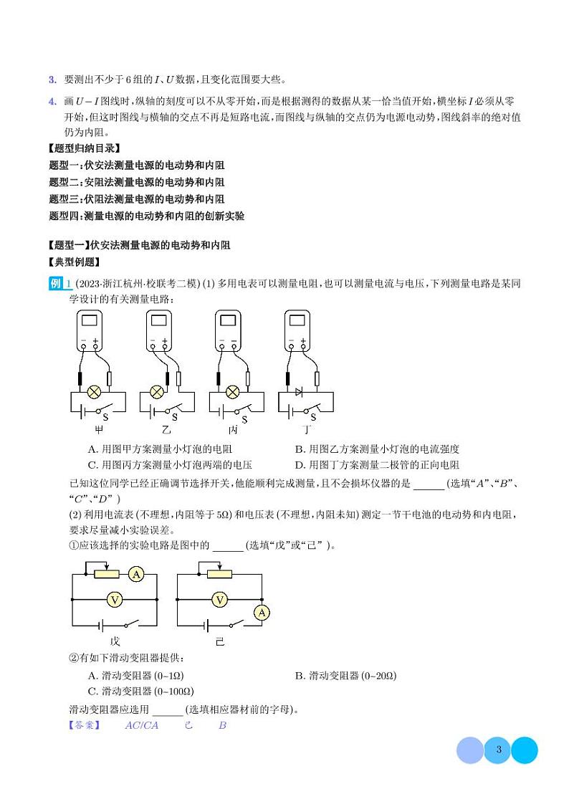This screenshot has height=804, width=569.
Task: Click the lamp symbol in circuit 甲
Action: (92, 392)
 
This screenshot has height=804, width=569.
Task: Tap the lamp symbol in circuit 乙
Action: (157, 392)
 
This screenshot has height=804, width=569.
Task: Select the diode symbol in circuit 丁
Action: (300, 392)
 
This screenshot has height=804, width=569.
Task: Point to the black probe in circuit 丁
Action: (287, 378)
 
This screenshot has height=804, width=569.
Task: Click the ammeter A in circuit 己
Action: (262, 611)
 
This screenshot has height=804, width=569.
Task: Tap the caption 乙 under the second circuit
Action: (166, 430)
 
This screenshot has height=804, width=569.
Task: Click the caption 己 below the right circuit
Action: (220, 641)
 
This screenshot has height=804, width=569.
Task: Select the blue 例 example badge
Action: (57, 284)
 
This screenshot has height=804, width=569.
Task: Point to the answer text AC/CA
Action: (141, 725)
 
